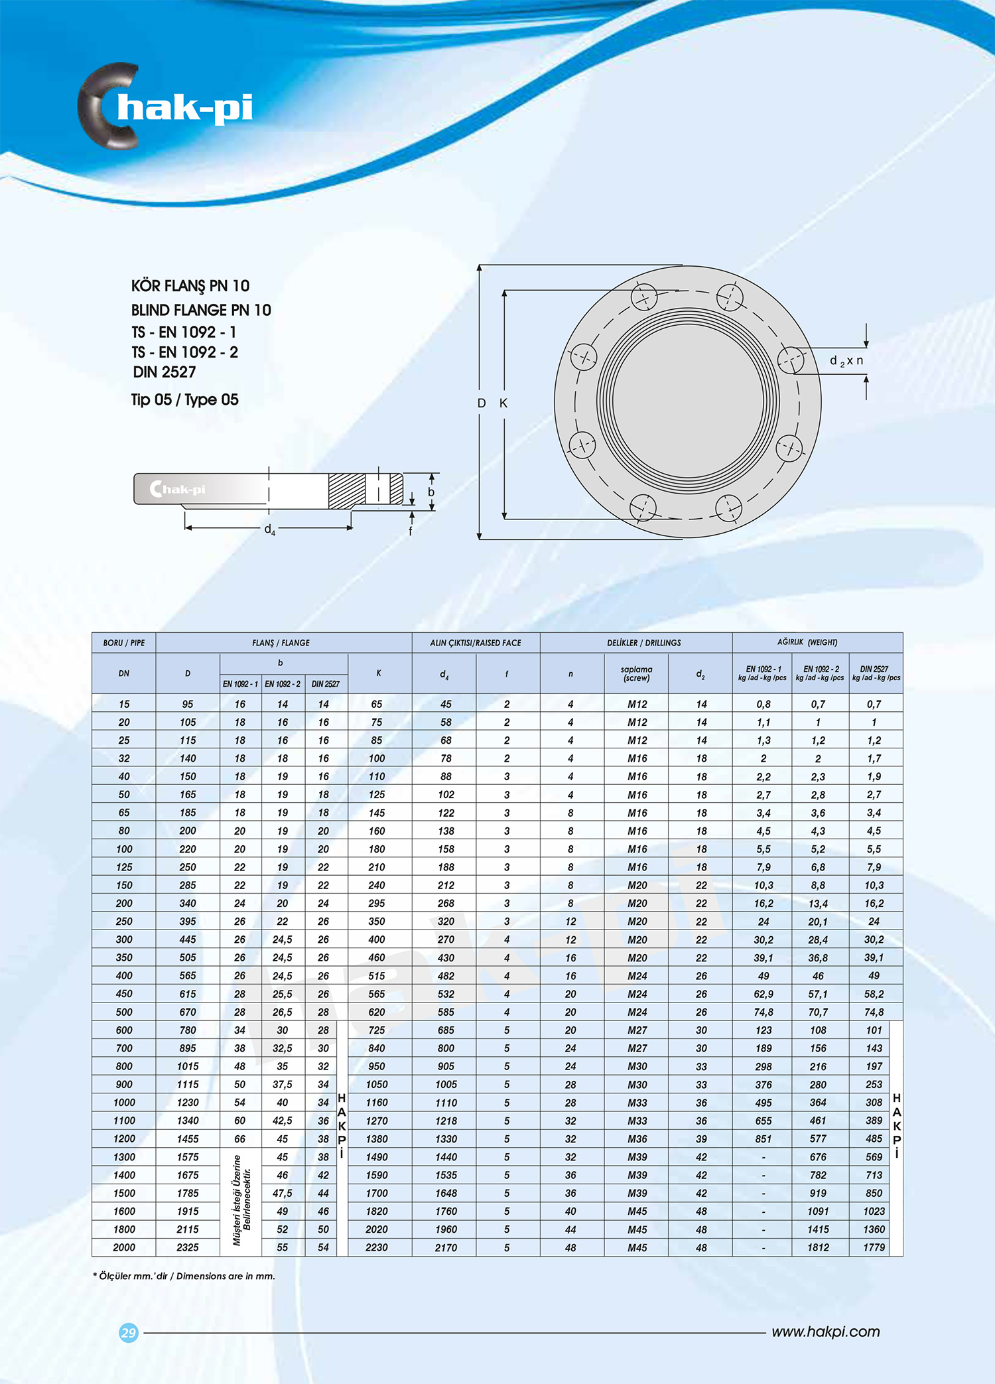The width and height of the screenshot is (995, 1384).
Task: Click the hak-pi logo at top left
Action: coord(166,106)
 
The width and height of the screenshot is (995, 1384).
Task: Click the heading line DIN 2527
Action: coord(164,372)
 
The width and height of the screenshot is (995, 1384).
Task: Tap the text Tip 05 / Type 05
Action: coord(184,399)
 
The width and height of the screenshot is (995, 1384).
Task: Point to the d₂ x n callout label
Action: coord(846,361)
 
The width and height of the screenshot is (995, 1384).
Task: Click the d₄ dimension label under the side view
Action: coord(269,529)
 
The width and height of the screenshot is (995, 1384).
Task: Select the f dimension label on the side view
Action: coord(411,531)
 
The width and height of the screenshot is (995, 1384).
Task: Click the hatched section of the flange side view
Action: coord(346,491)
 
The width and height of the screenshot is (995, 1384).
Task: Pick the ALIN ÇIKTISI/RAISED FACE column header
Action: coord(475,643)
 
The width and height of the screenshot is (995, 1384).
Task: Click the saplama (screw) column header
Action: coord(636,673)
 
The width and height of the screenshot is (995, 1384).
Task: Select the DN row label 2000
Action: coord(124,1247)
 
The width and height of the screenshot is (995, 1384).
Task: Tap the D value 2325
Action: coord(188,1247)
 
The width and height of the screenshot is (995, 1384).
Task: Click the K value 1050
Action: coord(377,1084)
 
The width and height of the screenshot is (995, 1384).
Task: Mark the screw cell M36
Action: coord(637,1139)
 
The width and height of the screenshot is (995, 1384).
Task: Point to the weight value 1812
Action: coord(818,1247)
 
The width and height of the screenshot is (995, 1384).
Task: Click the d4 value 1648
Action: coord(446,1193)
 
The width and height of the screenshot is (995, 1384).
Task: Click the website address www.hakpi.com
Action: coord(825,1332)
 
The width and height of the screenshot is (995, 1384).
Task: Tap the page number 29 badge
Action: coord(129,1332)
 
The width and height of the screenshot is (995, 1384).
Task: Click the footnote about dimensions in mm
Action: coord(184,1276)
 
